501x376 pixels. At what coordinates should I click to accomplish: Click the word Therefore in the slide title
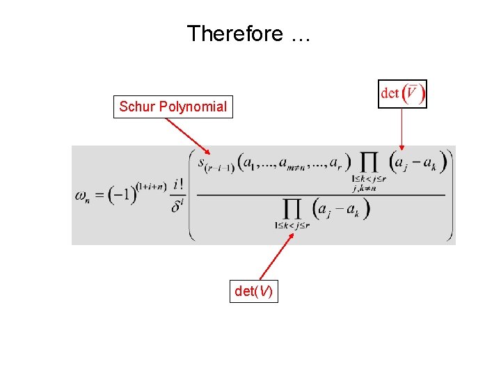pos(235,33)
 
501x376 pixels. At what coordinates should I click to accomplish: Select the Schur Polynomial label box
pos(173,107)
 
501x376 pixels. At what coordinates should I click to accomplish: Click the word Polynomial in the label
pos(193,107)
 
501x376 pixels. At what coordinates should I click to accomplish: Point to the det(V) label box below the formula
pos(254,292)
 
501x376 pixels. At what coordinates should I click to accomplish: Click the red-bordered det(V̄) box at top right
pos(403,93)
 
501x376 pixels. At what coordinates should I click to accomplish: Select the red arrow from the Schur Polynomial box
pos(187,136)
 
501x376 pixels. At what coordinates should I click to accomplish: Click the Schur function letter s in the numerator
pos(202,164)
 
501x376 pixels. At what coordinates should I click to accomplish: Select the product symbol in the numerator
pos(369,163)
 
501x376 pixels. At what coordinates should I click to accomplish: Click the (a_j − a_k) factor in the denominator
pos(342,208)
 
